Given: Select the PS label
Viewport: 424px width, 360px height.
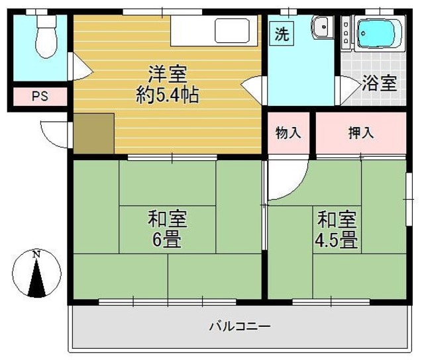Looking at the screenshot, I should [x=40, y=97].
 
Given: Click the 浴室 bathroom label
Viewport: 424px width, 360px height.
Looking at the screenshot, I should [x=380, y=84].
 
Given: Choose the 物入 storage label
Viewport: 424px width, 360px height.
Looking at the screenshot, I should [x=288, y=132].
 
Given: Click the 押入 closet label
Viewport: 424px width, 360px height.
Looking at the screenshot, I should [x=361, y=132].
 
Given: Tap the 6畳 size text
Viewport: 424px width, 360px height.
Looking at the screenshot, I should [x=167, y=238].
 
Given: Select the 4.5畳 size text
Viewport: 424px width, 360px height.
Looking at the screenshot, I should [x=337, y=238].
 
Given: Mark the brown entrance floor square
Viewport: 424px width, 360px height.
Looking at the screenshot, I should [x=93, y=133].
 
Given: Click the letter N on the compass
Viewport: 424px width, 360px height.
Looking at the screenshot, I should [x=37, y=254].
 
